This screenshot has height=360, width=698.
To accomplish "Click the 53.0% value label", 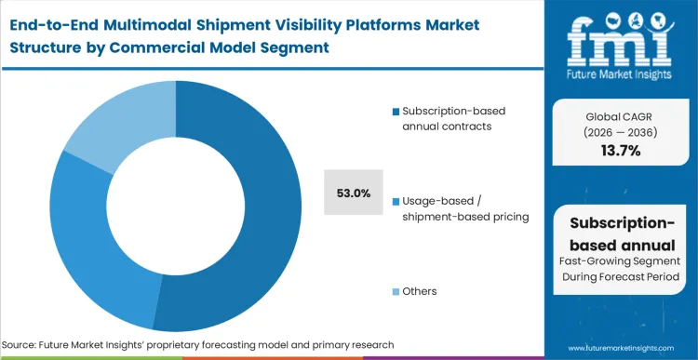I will pyautogui.click(x=354, y=193).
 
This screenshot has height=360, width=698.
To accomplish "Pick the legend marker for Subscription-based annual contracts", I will pyautogui.click(x=396, y=112).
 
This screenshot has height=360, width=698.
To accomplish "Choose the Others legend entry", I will pyautogui.click(x=419, y=291).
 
